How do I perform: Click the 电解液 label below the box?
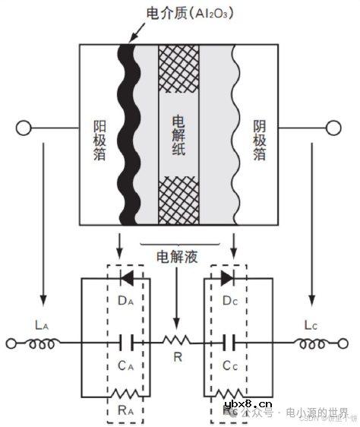(x=177, y=256)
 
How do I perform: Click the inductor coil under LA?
(x=44, y=343)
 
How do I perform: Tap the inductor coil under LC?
(x=311, y=343)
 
